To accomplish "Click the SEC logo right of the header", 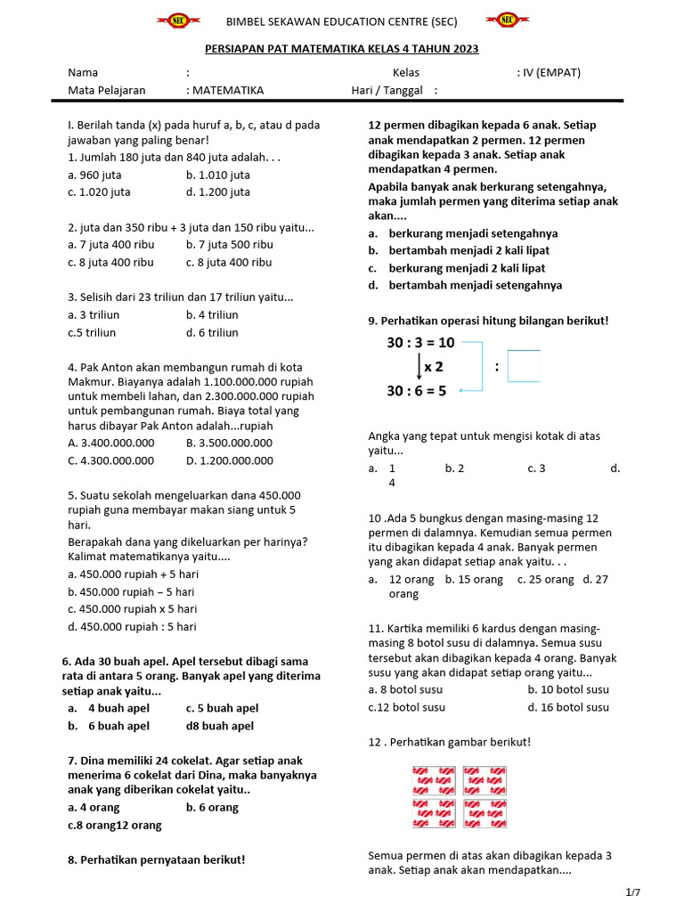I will click(x=507, y=20).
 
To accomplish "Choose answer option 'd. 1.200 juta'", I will click(x=217, y=191).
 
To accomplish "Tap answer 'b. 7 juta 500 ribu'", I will click(x=229, y=244).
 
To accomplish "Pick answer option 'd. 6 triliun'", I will click(x=212, y=332).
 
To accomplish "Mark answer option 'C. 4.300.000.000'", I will click(x=110, y=460).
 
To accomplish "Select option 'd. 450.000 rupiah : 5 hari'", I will click(x=132, y=626).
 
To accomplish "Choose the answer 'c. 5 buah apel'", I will click(x=222, y=708).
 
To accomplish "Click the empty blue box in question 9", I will click(x=524, y=366).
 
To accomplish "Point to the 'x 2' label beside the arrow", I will click(x=434, y=366).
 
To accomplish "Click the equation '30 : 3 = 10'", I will click(x=420, y=342).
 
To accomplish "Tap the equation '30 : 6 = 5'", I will click(x=417, y=390).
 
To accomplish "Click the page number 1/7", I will click(x=633, y=892).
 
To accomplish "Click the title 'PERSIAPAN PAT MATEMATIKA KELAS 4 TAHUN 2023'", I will click(x=342, y=49).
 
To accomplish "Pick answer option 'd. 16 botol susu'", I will click(x=568, y=707).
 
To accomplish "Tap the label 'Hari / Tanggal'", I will click(x=387, y=90).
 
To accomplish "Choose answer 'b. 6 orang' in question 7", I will click(x=212, y=807).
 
